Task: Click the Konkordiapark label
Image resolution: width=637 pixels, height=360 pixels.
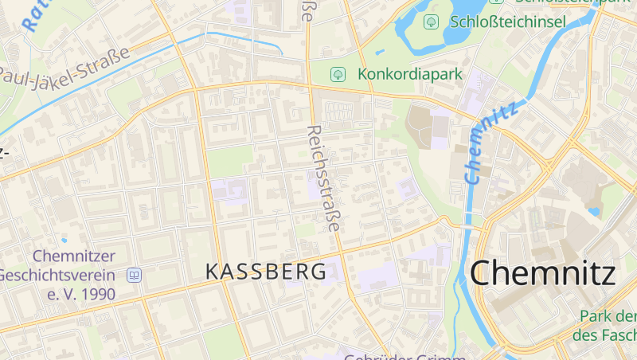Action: coord(410,74)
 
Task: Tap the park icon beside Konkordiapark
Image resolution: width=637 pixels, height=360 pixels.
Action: coord(338,74)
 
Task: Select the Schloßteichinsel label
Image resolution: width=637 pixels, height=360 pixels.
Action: coord(508,22)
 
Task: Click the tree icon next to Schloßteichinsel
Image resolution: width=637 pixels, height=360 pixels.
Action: coord(431,22)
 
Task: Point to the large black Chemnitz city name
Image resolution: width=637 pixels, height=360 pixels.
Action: coord(543,273)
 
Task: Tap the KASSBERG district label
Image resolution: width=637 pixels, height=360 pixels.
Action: coord(266,272)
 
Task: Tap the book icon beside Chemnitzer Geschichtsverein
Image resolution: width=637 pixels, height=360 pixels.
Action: coord(134,275)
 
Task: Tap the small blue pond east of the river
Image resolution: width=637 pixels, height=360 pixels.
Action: coord(593,212)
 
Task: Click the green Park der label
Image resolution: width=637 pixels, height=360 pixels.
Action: coord(609,317)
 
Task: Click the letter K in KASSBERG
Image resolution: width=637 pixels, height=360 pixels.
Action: coord(212,272)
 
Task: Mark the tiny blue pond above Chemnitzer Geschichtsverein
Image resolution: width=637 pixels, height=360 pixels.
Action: coord(64,239)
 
